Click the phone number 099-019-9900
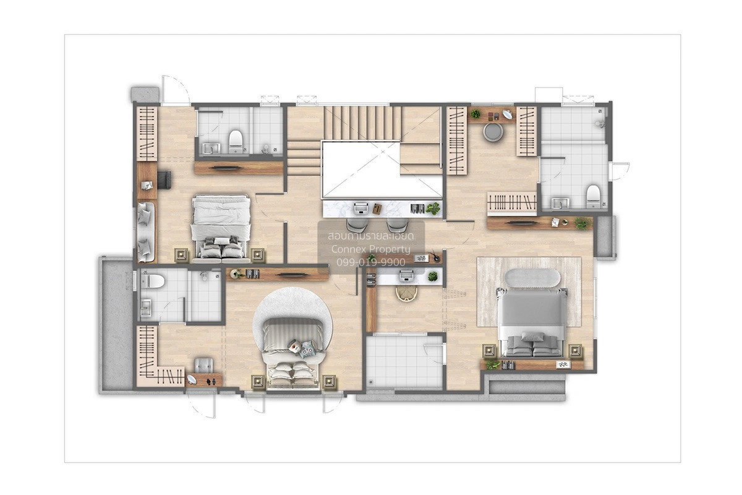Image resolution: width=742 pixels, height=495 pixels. pyautogui.click(x=371, y=262)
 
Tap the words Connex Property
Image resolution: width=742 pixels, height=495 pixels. pyautogui.click(x=371, y=249)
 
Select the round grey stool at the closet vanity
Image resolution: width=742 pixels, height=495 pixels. pyautogui.click(x=493, y=132)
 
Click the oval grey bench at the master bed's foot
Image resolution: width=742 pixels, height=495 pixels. pyautogui.click(x=534, y=278)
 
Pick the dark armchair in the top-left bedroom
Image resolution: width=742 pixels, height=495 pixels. pyautogui.click(x=164, y=180)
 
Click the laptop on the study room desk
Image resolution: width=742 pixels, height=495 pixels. pyautogui.click(x=406, y=275)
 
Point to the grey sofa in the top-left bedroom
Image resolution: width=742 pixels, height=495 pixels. pyautogui.click(x=146, y=232)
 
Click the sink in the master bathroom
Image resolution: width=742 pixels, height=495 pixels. pyautogui.click(x=560, y=203)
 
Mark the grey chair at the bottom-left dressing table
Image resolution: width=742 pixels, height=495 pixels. pyautogui.click(x=203, y=365)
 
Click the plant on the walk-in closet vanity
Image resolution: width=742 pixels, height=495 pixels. pyautogui.click(x=475, y=114)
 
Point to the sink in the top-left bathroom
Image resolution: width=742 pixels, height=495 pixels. pyautogui.click(x=211, y=148)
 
